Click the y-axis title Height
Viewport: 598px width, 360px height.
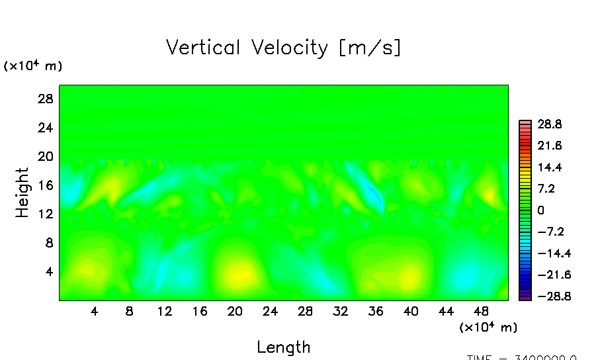[22, 193]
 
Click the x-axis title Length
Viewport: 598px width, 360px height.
[283, 347]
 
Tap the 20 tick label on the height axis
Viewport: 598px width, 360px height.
[45, 156]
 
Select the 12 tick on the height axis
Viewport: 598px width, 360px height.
[45, 214]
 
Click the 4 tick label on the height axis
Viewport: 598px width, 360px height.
[48, 271]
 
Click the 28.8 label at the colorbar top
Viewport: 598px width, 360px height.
[549, 124]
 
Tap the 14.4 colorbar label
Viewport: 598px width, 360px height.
[549, 167]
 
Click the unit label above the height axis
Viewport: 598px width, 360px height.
[33, 66]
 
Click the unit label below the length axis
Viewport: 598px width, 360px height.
[488, 327]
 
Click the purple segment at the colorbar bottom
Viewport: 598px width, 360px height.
[525, 298]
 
